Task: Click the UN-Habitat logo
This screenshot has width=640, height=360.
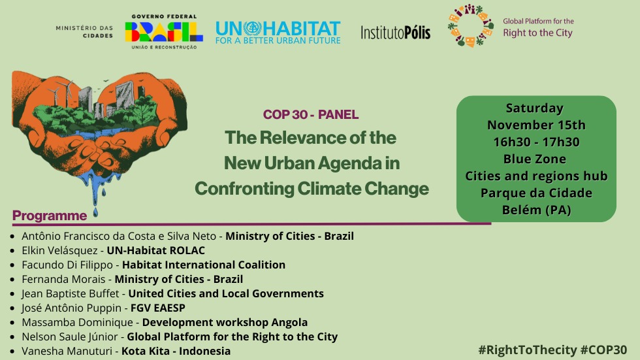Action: [278, 32]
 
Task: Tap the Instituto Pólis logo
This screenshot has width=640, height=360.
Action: [395, 32]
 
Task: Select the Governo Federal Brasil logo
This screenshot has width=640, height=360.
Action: [164, 31]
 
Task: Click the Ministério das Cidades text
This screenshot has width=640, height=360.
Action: [84, 32]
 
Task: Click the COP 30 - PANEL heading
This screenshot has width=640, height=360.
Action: [311, 115]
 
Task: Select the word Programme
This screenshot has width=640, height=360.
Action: [50, 216]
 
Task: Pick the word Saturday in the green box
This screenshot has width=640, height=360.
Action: [535, 108]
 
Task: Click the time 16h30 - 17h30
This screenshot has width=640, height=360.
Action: [535, 142]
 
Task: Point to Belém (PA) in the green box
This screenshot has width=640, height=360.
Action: [535, 210]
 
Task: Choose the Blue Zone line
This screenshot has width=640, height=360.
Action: [535, 159]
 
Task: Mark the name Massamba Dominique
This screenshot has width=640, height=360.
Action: [78, 322]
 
